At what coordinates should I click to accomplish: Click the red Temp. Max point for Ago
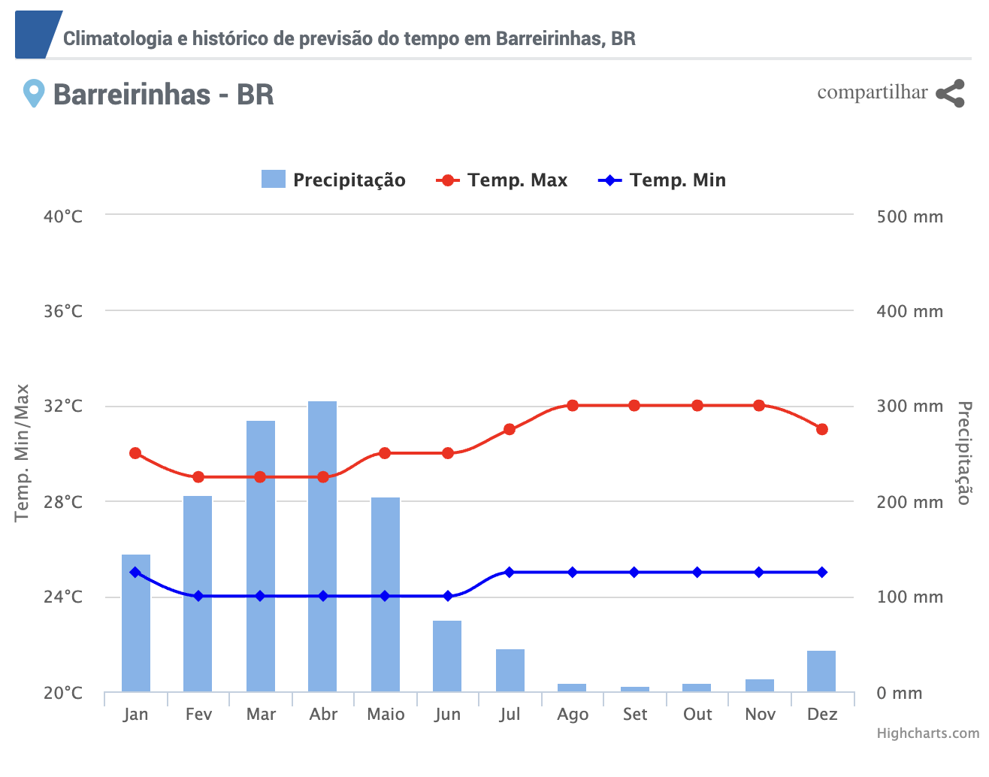573,406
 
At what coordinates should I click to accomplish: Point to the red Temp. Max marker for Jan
135,453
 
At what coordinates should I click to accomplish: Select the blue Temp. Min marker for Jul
510,573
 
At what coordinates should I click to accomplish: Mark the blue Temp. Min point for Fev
198,596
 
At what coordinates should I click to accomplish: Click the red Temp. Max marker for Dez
822,429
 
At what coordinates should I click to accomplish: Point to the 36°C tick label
63,311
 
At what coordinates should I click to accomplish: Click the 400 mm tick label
909,311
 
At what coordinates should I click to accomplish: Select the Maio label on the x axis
386,715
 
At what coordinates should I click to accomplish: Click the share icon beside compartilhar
950,93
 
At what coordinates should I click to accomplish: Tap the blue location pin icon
33,94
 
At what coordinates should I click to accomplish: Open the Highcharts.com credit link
928,733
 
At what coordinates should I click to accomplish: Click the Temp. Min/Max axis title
23,453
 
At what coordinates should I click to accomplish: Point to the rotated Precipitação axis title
964,453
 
